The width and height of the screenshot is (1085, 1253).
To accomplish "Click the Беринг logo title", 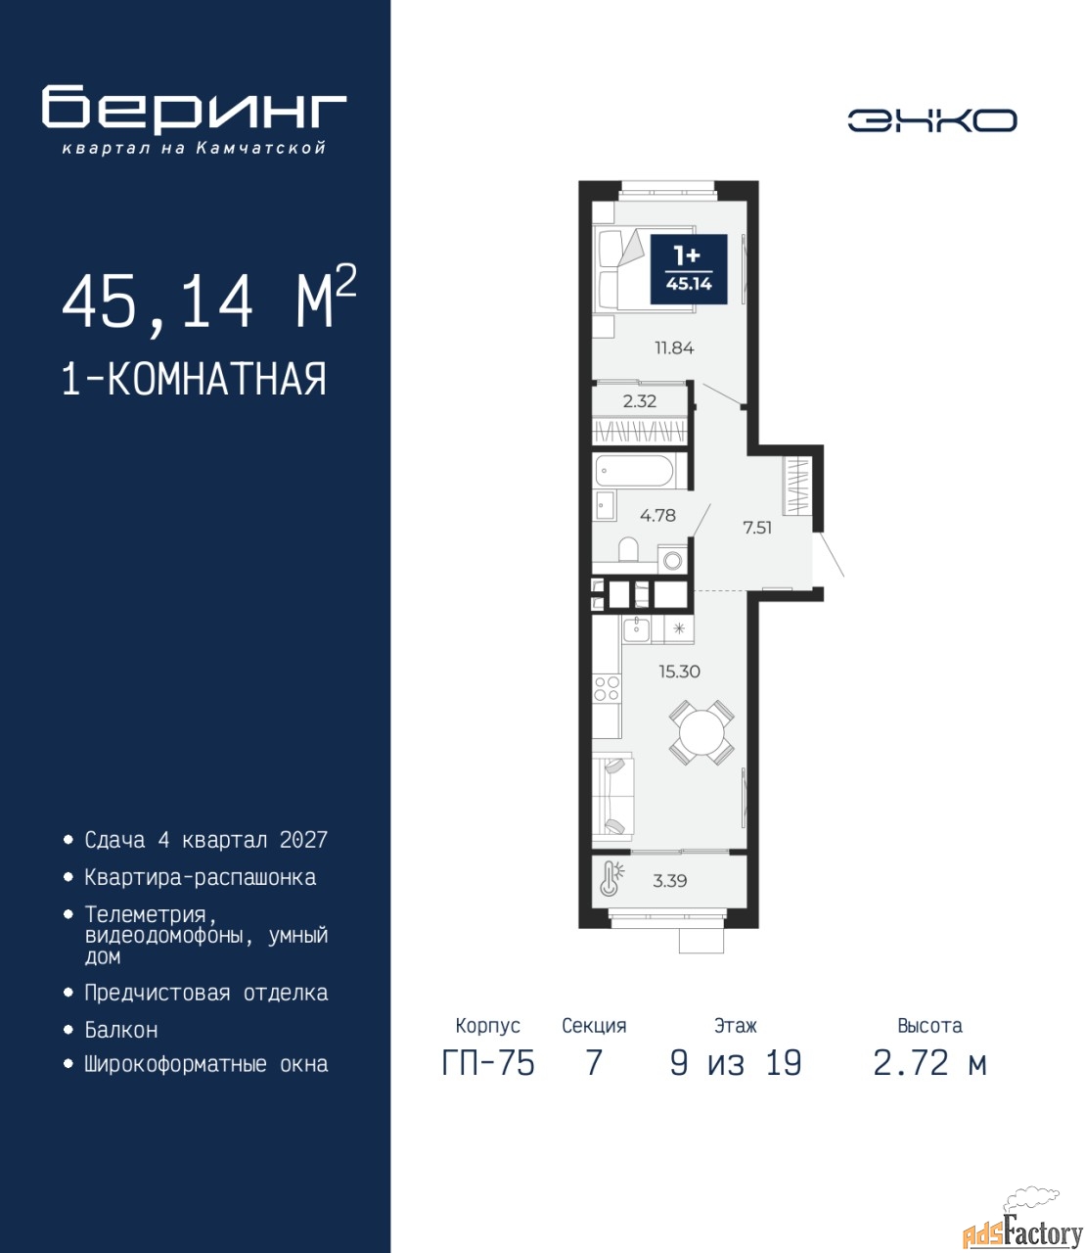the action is click(x=194, y=111).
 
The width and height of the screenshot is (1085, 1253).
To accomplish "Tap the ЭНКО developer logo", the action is click(x=931, y=120).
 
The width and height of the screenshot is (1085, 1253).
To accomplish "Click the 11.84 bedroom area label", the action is click(x=674, y=348).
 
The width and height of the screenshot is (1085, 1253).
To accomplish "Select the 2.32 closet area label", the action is click(x=640, y=401).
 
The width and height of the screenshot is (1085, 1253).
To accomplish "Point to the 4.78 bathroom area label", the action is click(x=657, y=515).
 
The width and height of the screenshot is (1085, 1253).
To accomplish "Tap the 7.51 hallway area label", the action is click(x=757, y=528).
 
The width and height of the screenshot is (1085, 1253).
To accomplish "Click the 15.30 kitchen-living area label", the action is click(x=680, y=672).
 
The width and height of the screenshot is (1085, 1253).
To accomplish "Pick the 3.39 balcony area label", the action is click(x=669, y=881).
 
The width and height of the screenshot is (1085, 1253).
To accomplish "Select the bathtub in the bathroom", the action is click(x=634, y=472).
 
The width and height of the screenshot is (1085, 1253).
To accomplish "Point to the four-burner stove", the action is click(x=607, y=689).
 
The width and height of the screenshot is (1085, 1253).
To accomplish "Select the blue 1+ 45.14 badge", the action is click(x=689, y=269).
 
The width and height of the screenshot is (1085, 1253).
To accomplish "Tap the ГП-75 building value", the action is click(x=488, y=1063).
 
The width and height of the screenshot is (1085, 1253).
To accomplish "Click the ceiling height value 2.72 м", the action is click(x=929, y=1063).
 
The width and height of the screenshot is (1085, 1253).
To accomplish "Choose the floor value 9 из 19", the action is click(x=736, y=1063).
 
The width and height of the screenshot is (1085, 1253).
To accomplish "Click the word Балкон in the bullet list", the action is click(x=121, y=1030).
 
